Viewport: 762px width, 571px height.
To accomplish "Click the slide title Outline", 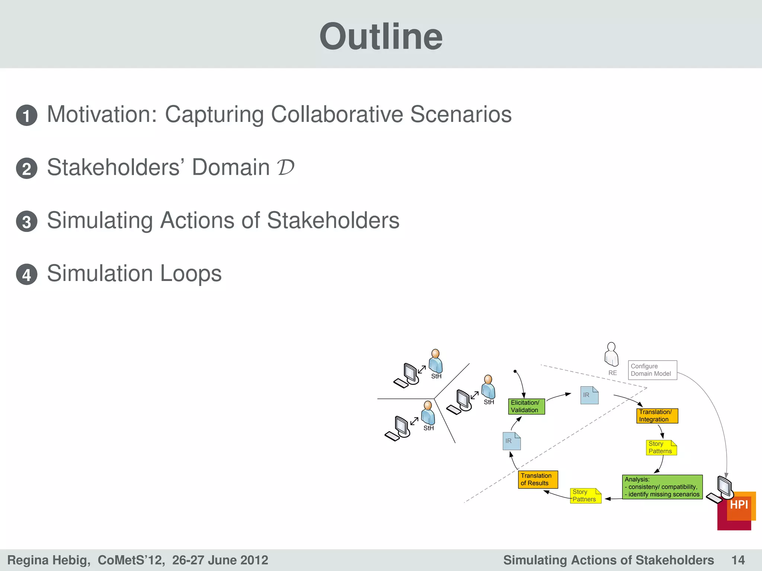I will coord(381,36).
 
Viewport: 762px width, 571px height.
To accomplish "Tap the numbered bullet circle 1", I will coord(27,115).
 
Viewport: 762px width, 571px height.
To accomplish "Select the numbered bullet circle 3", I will coord(27,222).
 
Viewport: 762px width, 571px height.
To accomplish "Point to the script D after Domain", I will coord(285,167).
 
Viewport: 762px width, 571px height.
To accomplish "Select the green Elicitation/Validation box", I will coord(526,406).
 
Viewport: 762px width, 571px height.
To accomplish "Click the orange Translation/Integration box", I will coord(657,416).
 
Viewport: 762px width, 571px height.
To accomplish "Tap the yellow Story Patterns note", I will coord(661,448).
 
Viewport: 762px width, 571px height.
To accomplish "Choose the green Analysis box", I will coord(662,487).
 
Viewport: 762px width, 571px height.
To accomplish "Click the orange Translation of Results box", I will coord(538,479).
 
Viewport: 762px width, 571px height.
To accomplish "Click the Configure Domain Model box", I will coord(652,370).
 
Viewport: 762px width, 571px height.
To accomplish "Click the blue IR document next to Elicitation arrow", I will coord(589,395).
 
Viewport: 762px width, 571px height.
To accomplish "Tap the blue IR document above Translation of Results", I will coord(512,441).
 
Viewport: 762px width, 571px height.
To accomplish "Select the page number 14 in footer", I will coord(738,560).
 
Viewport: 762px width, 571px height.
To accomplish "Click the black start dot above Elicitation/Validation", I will coord(515,371).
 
